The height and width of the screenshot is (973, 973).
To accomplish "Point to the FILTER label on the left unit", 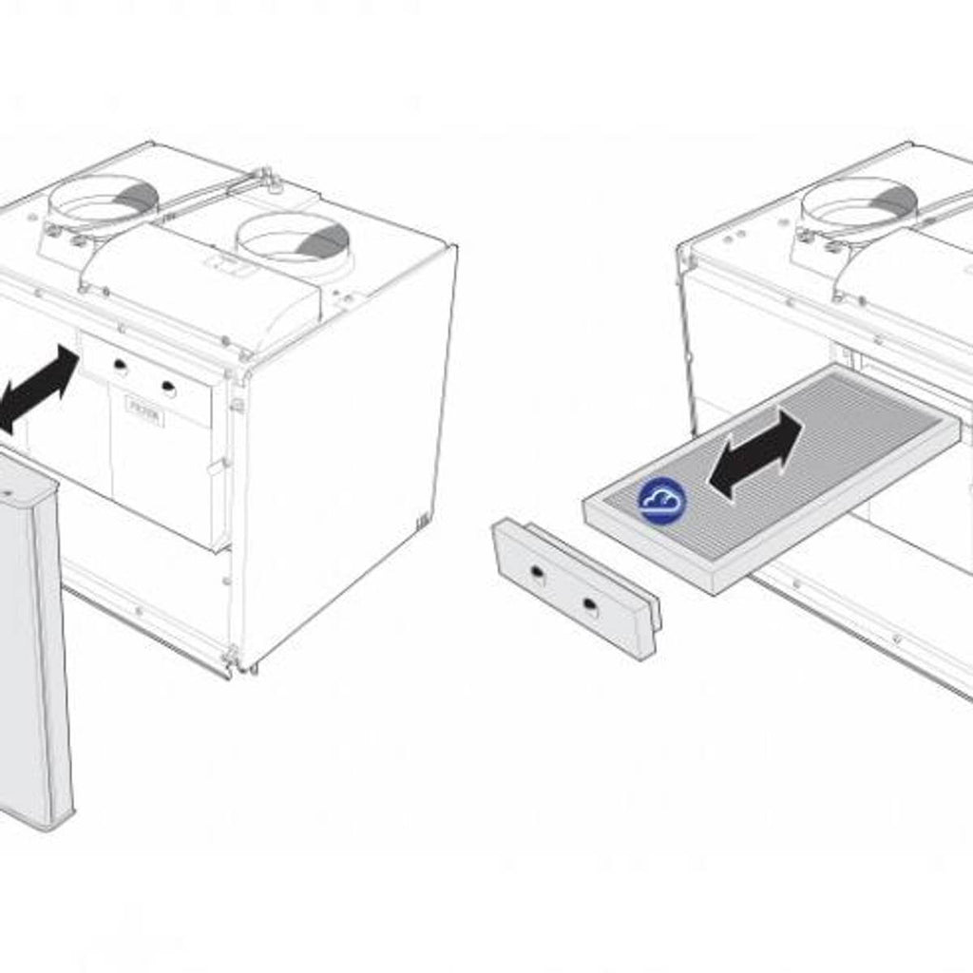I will (x=144, y=415).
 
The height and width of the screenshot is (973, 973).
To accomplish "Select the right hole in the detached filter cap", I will (x=590, y=604).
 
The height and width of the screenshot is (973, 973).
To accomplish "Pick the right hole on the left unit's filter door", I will (x=168, y=387).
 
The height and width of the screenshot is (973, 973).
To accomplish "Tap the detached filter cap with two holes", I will (x=574, y=588).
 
